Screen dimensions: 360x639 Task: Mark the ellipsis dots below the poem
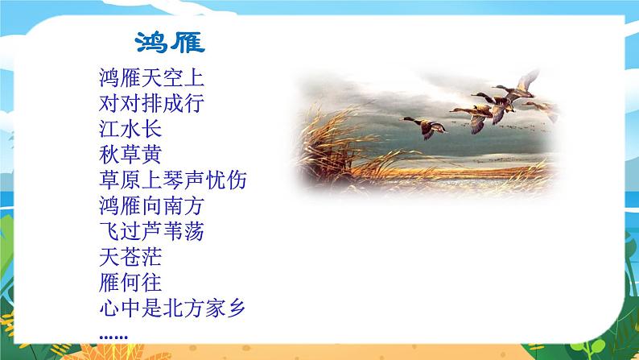point(111,334)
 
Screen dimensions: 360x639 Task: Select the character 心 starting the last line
point(105,310)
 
